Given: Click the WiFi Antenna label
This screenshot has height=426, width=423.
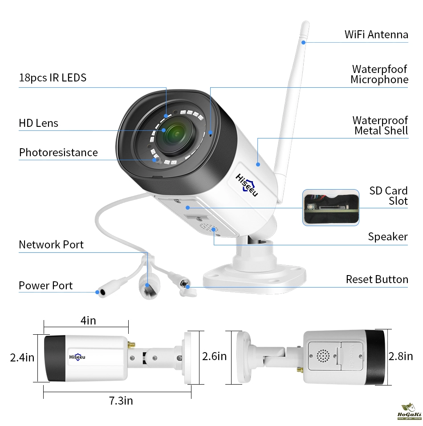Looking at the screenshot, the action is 376,35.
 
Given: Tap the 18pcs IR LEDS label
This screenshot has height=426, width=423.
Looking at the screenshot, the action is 53,78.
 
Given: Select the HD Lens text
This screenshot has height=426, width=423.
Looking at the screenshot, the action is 38,123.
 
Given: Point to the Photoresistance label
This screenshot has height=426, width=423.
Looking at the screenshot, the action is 58,152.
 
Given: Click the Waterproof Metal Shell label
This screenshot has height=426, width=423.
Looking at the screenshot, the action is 381,125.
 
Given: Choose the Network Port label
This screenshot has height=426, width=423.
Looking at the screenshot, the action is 51,244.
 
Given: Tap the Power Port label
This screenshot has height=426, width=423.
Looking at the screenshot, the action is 46,285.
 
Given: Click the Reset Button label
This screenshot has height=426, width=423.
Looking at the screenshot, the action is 377,279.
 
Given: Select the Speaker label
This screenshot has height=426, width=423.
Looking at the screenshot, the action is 388,237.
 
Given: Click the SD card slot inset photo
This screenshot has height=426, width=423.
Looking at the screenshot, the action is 331,207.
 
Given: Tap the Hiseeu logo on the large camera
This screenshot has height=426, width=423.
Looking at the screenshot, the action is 247,185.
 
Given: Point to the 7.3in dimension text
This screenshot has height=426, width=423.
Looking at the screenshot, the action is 121,401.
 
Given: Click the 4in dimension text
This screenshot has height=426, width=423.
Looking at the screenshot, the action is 88,321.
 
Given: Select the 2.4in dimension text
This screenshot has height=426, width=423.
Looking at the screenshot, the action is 22,357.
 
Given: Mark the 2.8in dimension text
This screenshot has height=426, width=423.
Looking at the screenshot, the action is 401,356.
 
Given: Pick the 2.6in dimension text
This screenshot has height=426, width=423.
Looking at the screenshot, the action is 214,356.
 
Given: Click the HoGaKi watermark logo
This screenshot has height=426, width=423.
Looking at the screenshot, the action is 409,412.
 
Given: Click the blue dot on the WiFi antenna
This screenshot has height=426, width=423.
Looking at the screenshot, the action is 304,42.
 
